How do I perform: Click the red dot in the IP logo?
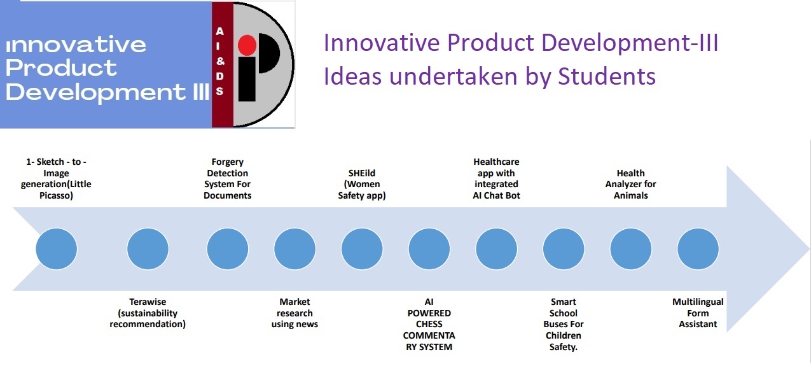[x=247, y=45]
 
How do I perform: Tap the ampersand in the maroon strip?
[x=220, y=61]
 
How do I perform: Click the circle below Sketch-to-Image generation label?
[x=56, y=249]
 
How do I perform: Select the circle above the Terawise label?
[x=148, y=249]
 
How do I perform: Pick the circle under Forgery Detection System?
[x=227, y=249]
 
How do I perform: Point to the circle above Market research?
[x=295, y=249]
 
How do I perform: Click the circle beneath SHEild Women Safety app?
[x=362, y=249]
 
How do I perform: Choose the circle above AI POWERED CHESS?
[x=429, y=249]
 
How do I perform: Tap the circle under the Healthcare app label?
[x=496, y=249]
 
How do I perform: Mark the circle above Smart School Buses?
[x=564, y=249]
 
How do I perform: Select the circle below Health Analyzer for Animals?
[x=631, y=249]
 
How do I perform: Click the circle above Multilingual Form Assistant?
[x=698, y=249]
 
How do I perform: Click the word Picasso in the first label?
[x=55, y=195]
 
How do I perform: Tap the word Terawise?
[x=148, y=302]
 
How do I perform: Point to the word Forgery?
[x=227, y=162]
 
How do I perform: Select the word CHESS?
[x=429, y=324]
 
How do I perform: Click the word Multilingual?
[x=698, y=302]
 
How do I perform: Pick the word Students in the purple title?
[x=607, y=76]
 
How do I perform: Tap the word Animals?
[x=631, y=195]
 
